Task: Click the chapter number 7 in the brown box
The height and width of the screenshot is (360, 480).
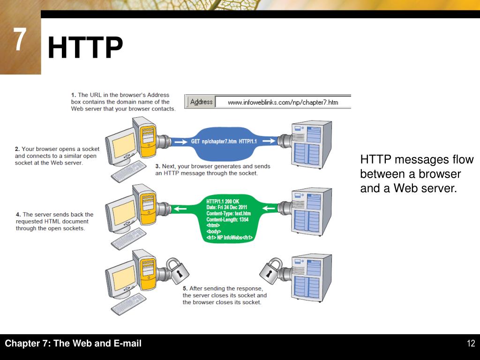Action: tap(19, 40)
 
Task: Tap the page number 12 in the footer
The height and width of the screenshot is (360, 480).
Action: tap(471, 344)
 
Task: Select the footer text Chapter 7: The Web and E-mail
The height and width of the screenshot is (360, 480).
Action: tap(73, 344)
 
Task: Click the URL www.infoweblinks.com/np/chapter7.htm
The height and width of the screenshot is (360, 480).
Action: tap(283, 102)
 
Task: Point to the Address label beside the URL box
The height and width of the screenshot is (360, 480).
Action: tap(201, 102)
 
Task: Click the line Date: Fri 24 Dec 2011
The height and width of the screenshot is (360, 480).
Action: tap(227, 208)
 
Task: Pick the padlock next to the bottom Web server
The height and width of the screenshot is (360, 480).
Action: tap(271, 271)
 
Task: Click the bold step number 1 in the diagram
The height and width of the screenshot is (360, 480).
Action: tap(73, 95)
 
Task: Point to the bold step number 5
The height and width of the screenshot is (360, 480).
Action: tap(185, 289)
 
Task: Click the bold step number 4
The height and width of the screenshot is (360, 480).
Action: tap(18, 215)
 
